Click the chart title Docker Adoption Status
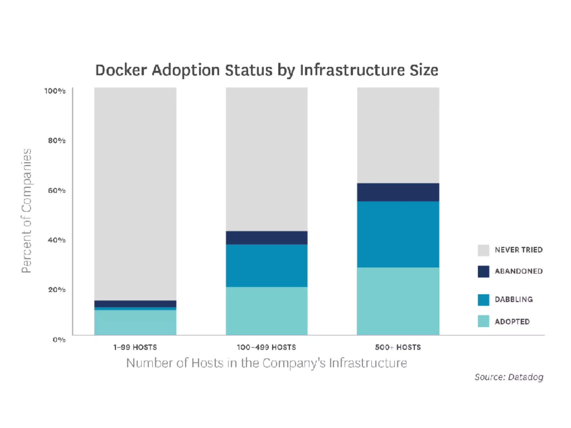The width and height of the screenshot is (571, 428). pyautogui.click(x=267, y=70)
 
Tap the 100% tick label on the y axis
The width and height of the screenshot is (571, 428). pyautogui.click(x=55, y=91)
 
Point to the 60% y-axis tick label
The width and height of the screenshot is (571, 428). pyautogui.click(x=57, y=191)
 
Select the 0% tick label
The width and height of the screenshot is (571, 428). pyautogui.click(x=59, y=340)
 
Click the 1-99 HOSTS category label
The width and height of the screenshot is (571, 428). pyautogui.click(x=135, y=347)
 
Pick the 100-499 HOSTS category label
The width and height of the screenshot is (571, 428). pyautogui.click(x=266, y=347)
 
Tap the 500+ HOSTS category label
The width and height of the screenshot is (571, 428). pyautogui.click(x=398, y=347)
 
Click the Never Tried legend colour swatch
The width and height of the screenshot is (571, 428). pyautogui.click(x=483, y=250)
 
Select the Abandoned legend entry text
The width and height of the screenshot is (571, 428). pyautogui.click(x=519, y=271)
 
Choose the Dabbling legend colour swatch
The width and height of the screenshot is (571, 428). pyautogui.click(x=483, y=300)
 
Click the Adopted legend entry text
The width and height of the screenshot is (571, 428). pyautogui.click(x=512, y=322)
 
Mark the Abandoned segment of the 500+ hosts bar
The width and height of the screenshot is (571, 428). pyautogui.click(x=398, y=192)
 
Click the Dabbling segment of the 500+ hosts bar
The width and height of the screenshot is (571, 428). pyautogui.click(x=398, y=234)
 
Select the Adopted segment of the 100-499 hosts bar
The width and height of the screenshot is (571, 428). pyautogui.click(x=267, y=311)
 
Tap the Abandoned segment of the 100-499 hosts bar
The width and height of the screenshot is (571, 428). pyautogui.click(x=267, y=238)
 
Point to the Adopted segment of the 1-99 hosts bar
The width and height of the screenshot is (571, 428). pyautogui.click(x=135, y=322)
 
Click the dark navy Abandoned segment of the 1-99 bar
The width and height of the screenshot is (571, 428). pyautogui.click(x=135, y=304)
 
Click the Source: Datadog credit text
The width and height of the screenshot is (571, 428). pyautogui.click(x=509, y=377)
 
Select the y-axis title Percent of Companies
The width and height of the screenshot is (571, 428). pyautogui.click(x=26, y=211)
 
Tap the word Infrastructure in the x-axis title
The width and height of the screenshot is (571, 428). pyautogui.click(x=368, y=363)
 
